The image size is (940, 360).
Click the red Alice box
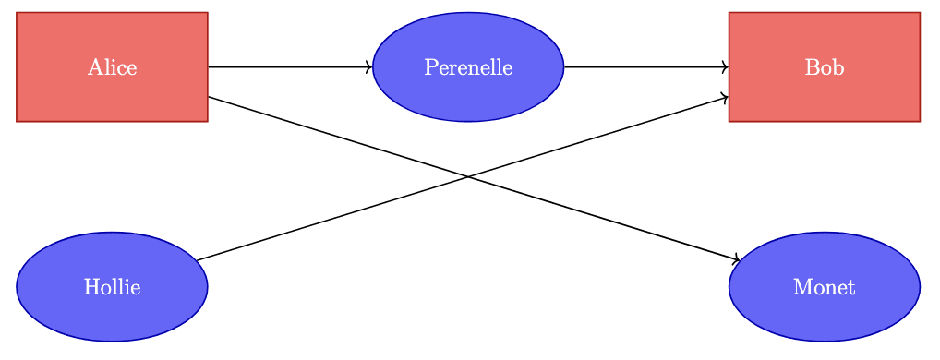point(112,67)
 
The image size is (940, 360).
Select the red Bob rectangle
point(825,67)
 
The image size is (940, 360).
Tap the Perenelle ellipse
point(468,67)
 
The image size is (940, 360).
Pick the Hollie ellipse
point(112,287)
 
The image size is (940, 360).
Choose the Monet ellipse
point(825,287)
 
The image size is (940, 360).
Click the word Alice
point(112,67)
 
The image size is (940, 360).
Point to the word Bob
point(825,67)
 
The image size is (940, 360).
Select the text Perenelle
point(468,67)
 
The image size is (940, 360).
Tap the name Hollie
point(112,287)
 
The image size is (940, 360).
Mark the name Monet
point(825,287)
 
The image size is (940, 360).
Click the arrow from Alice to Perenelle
point(290,67)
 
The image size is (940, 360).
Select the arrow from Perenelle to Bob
point(646,67)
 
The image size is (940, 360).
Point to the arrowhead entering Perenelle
point(369,67)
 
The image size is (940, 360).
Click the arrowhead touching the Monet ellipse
point(736,258)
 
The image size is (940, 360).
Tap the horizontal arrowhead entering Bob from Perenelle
point(726,67)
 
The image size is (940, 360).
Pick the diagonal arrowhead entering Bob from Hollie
point(725,98)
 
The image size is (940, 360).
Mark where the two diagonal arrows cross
point(468,177)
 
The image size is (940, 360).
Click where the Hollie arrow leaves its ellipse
point(196,260)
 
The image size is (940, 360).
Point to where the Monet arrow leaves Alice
point(208,96)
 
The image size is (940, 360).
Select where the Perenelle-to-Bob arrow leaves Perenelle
point(564,67)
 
